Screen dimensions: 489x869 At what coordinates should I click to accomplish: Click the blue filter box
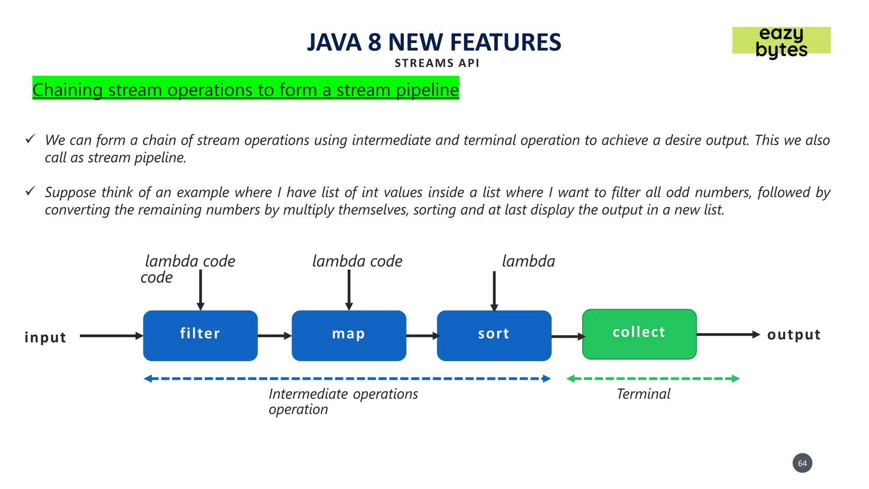tap(200, 335)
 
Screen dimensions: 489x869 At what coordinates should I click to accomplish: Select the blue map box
tap(349, 335)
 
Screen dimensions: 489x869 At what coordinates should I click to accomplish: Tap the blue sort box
tap(494, 335)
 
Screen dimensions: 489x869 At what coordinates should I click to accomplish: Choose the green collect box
tap(639, 334)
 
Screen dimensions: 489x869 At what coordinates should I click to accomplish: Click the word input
tap(45, 337)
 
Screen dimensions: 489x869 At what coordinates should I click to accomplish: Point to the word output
tap(793, 335)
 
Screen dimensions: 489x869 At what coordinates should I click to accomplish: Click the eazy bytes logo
tap(781, 41)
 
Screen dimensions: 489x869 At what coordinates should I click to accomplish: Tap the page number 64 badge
tap(802, 463)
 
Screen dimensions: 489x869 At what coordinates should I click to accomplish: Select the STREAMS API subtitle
tap(437, 63)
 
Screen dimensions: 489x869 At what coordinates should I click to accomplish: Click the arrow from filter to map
tap(274, 336)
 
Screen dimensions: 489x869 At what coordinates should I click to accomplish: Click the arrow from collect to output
tap(727, 334)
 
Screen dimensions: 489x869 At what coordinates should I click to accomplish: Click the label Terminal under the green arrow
tap(643, 394)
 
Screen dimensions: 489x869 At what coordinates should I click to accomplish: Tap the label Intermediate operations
tap(343, 394)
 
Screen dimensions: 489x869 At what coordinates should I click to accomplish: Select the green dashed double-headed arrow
tap(653, 379)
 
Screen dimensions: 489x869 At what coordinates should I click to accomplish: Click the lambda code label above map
tap(357, 261)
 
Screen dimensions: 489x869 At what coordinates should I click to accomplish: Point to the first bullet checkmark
tap(30, 139)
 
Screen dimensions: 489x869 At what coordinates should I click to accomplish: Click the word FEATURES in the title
tap(505, 42)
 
